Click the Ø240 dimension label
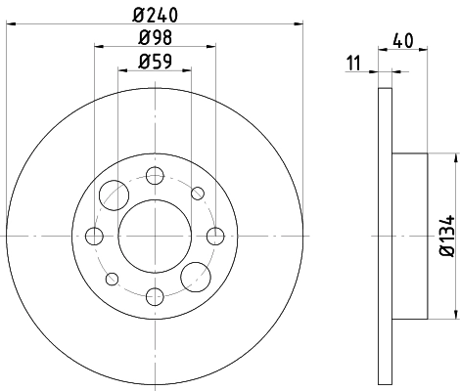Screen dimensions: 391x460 154,14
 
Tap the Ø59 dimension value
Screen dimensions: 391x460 154,61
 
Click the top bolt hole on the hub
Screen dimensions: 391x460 154,176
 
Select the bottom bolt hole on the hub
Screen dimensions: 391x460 154,295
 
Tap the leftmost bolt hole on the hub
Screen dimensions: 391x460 95,236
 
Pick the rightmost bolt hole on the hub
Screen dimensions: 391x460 214,236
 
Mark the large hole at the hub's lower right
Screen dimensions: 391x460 196,277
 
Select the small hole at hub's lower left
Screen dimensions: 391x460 113,278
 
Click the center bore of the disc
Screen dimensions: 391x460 154,236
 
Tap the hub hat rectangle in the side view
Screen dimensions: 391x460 410,235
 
